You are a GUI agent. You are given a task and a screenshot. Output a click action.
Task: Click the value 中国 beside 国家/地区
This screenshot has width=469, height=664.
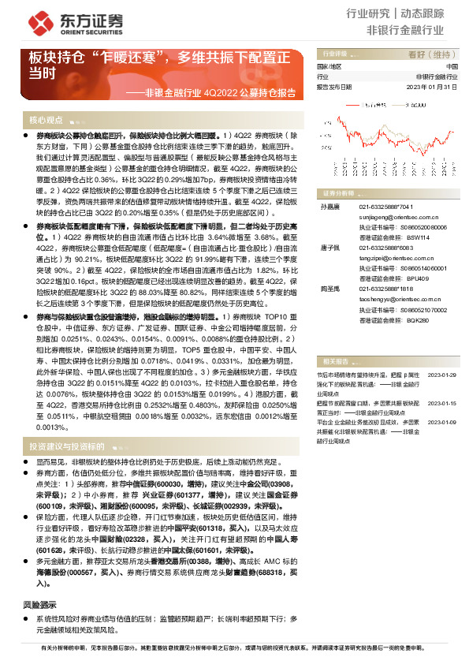click(451, 67)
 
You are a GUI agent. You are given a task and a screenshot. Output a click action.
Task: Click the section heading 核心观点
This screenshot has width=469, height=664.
click(47, 120)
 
